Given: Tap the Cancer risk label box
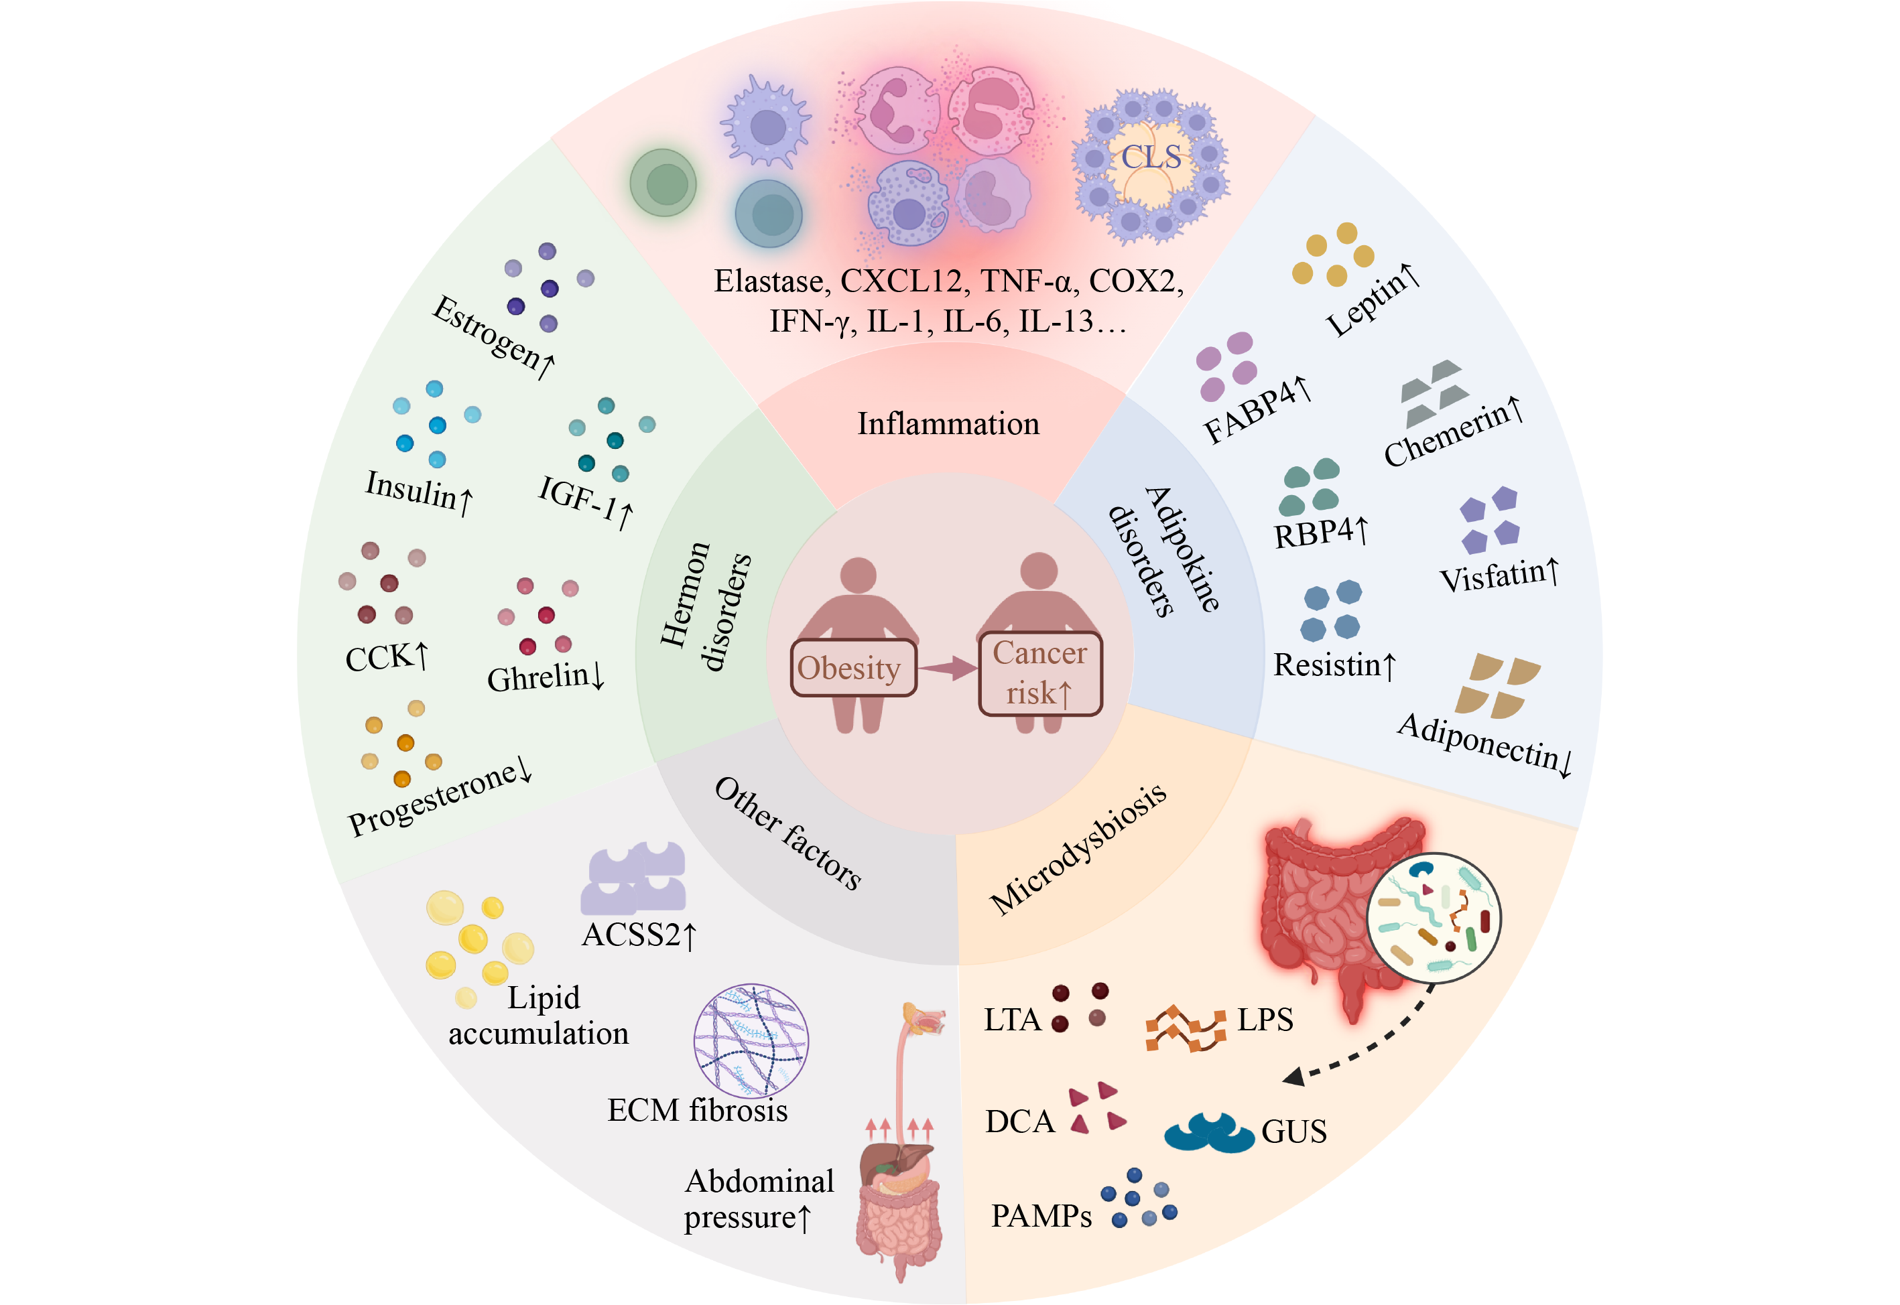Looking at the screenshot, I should tap(1039, 673).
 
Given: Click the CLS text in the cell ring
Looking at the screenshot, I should tap(1150, 157).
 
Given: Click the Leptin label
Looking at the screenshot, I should tap(1373, 300).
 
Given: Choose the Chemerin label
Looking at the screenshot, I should tap(1452, 431).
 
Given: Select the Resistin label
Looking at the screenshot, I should tap(1334, 665).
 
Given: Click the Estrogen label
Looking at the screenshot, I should tap(493, 337).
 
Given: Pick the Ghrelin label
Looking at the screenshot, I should tap(546, 676).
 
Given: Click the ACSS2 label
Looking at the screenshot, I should tap(639, 935).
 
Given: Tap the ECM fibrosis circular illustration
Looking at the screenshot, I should tap(750, 1040).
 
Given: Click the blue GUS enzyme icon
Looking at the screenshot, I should tap(1208, 1131).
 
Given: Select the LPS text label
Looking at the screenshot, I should tap(1265, 1020).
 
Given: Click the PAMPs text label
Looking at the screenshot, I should tap(1040, 1216).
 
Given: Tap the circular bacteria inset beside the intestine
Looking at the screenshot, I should tap(1433, 916).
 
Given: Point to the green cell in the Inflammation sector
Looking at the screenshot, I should tap(663, 182).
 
